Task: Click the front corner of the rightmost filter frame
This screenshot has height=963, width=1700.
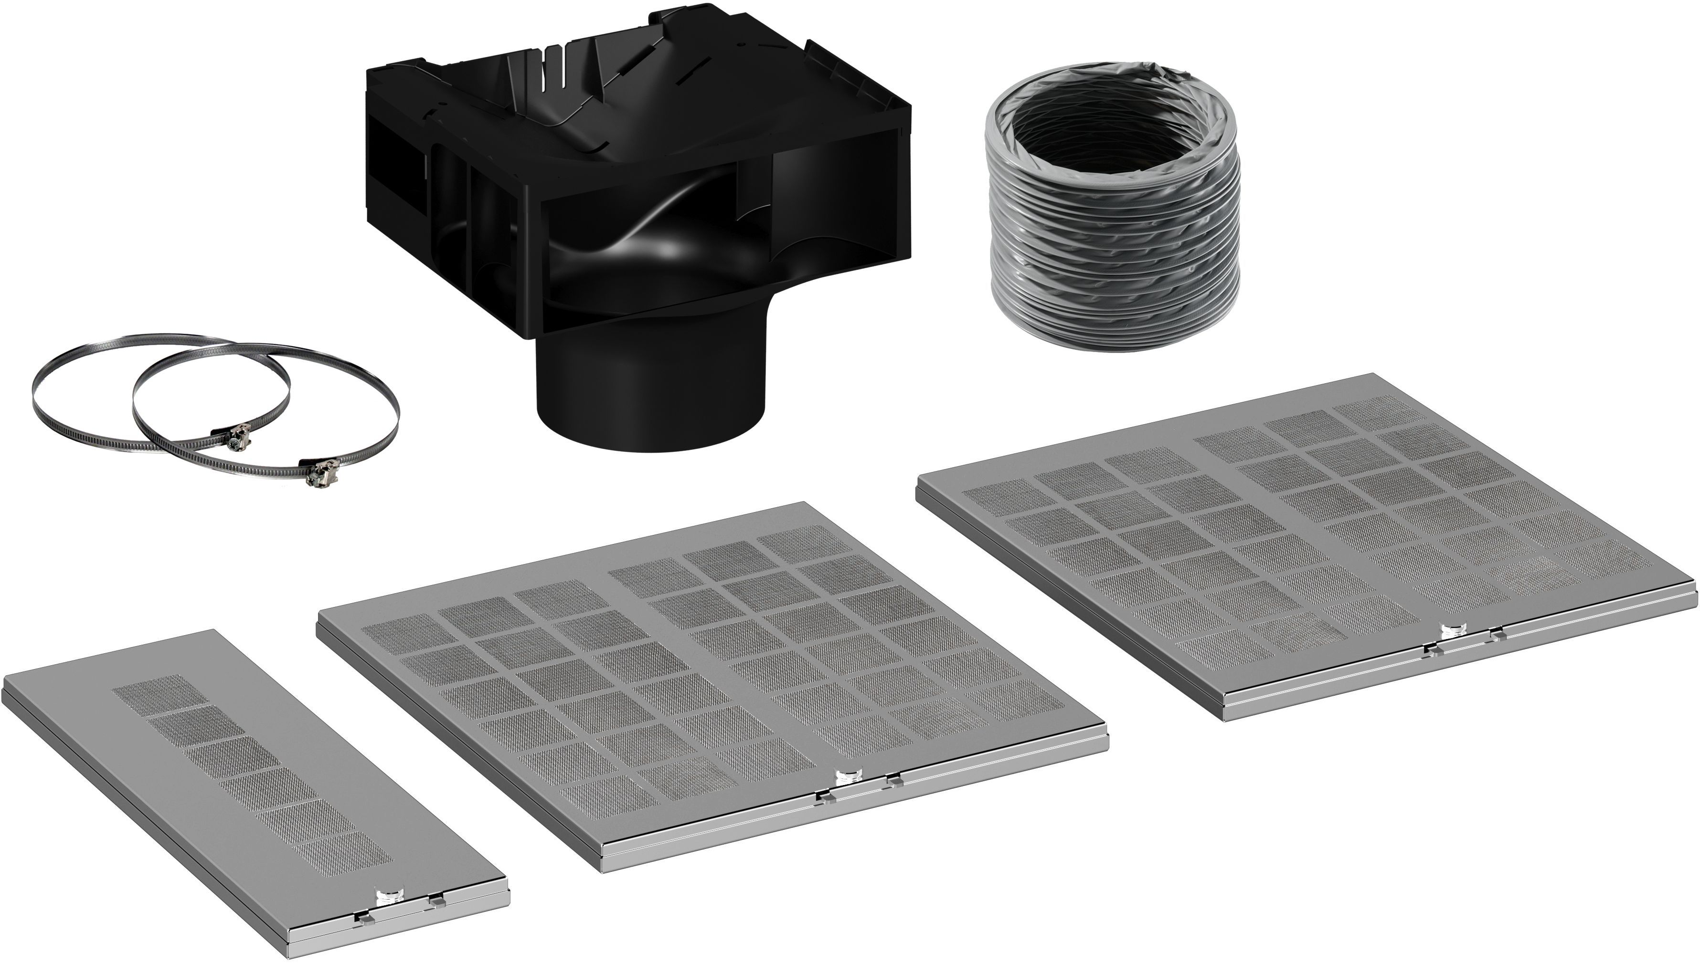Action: (1224, 718)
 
